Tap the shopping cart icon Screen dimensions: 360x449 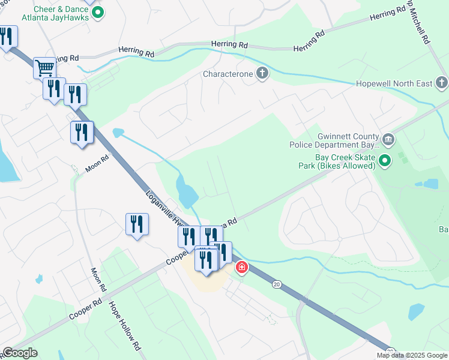point(44,67)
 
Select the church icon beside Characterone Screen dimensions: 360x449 point(262,74)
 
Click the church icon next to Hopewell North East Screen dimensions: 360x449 point(442,83)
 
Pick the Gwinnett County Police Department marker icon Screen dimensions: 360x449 point(388,140)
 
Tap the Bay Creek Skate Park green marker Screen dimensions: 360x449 point(385,160)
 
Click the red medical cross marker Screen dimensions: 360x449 point(242,267)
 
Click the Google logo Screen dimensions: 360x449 point(19,353)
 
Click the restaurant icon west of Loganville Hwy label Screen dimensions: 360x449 point(137,224)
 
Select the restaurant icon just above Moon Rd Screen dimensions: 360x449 point(82,132)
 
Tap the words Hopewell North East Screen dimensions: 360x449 point(394,83)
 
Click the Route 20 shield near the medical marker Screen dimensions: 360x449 point(277,283)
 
